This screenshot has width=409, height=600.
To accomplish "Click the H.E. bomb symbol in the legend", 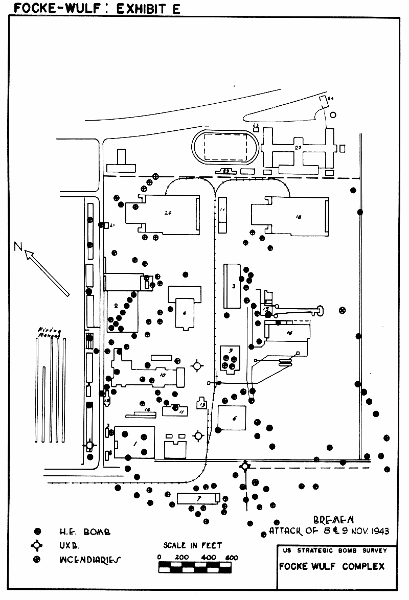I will (x=36, y=532).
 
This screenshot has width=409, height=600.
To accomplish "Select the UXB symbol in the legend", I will (x=36, y=545).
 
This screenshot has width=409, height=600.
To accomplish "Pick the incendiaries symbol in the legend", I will (x=36, y=559).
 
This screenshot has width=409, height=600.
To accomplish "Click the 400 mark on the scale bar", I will (x=208, y=557).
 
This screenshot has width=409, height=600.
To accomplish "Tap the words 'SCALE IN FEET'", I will (x=193, y=545).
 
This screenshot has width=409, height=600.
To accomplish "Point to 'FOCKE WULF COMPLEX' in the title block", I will (x=332, y=566).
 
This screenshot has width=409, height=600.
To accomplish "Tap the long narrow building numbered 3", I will (x=232, y=286).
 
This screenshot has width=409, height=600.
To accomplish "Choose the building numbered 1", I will (x=134, y=442).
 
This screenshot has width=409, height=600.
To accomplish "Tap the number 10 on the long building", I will (x=163, y=375).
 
